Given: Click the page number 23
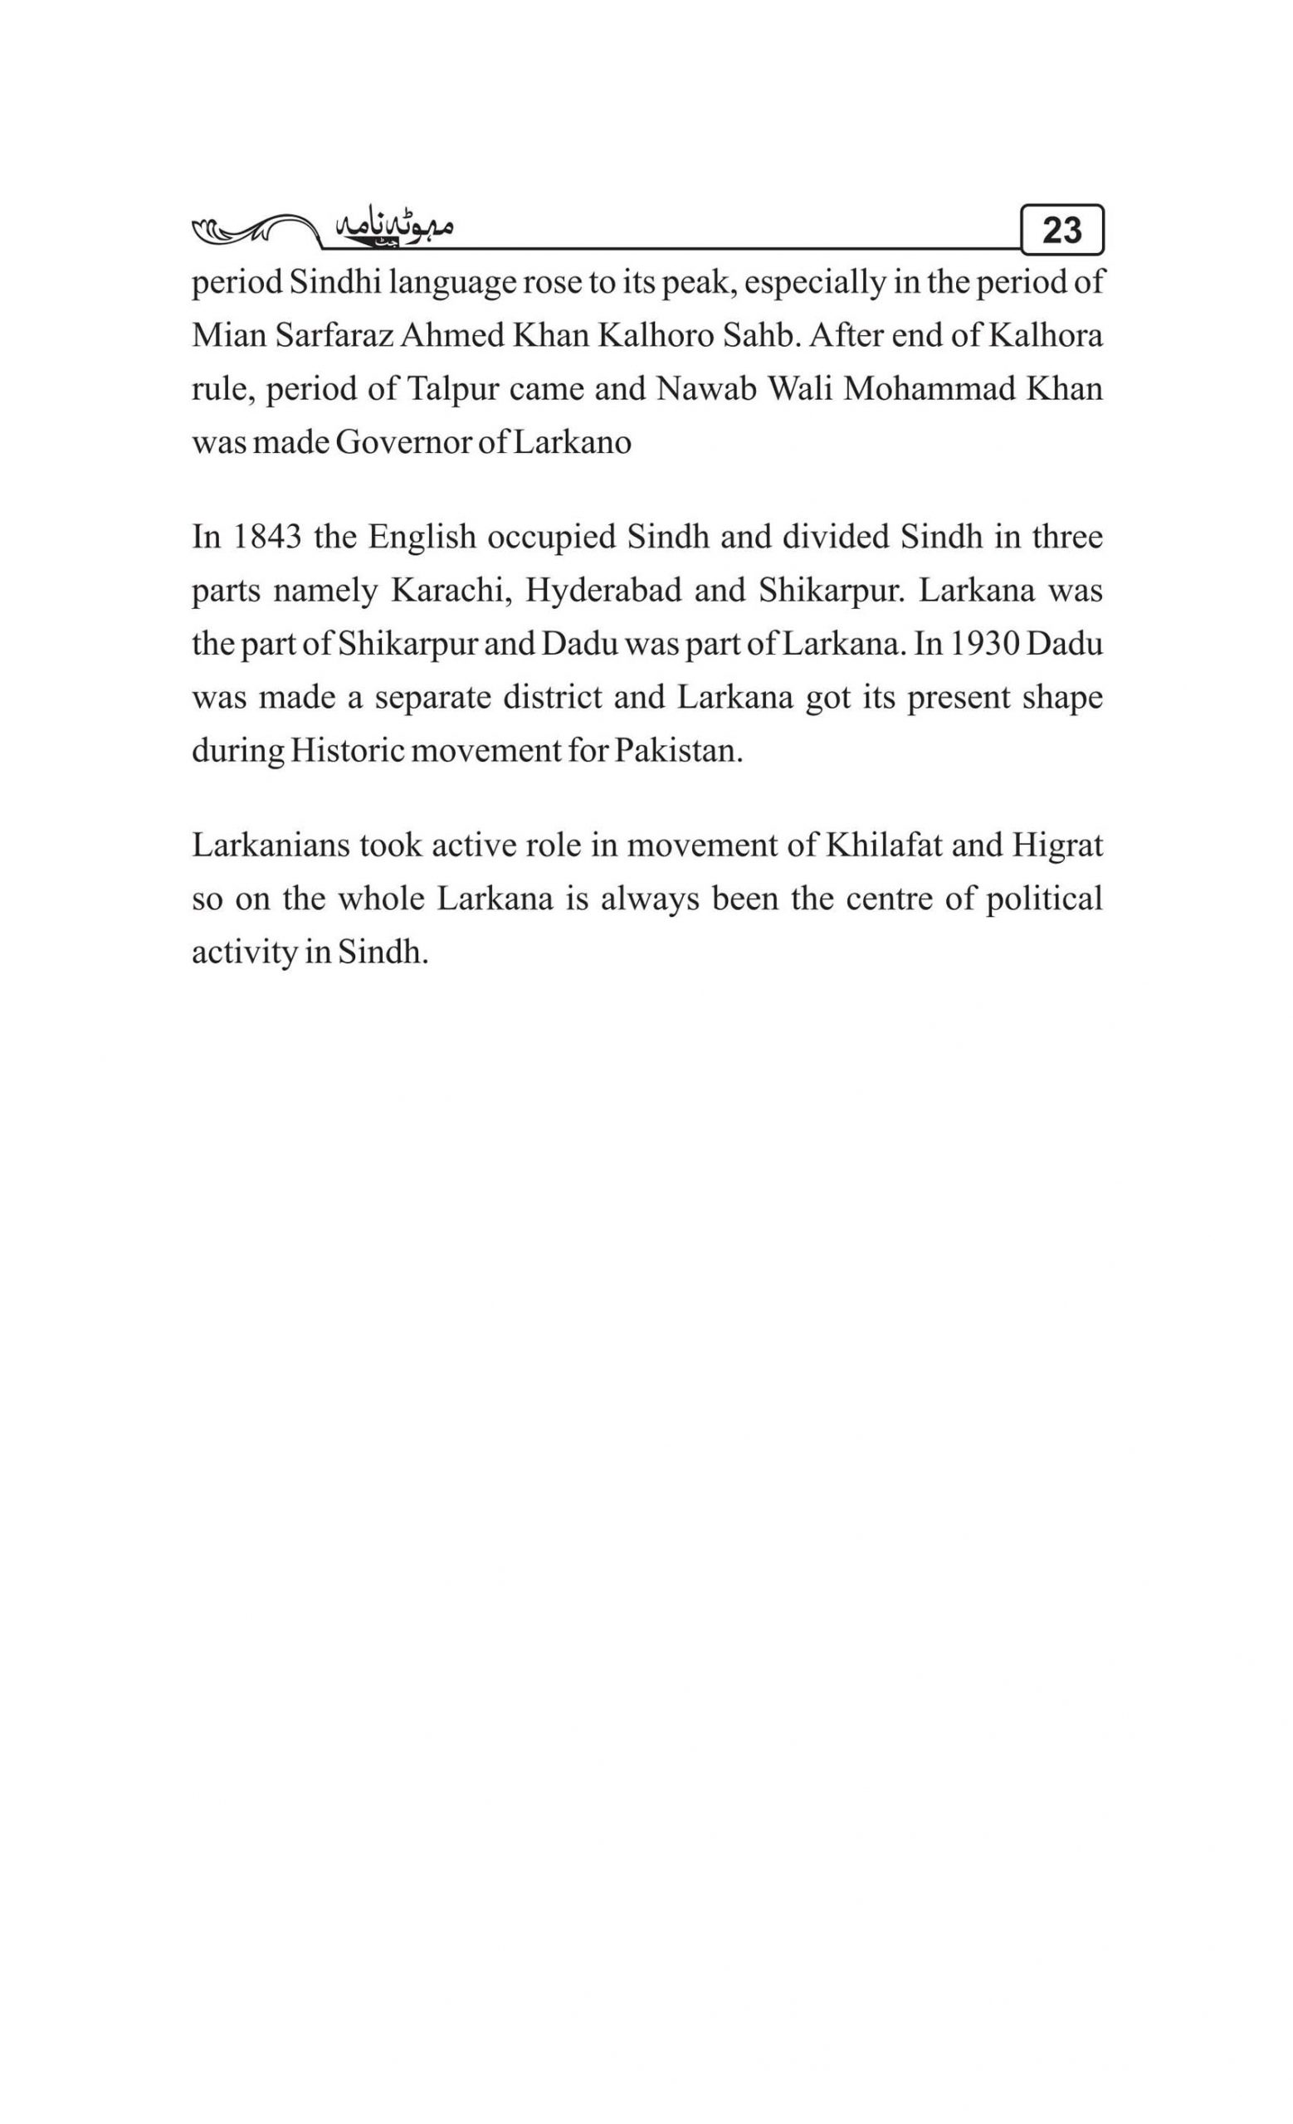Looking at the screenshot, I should click(x=1061, y=230).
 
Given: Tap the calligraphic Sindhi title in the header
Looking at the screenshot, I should click(x=393, y=228).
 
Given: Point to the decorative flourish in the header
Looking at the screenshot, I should click(x=250, y=230).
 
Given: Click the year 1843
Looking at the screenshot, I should click(x=267, y=537).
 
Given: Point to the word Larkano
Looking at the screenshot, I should click(x=573, y=442).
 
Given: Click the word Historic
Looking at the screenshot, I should click(x=346, y=751).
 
